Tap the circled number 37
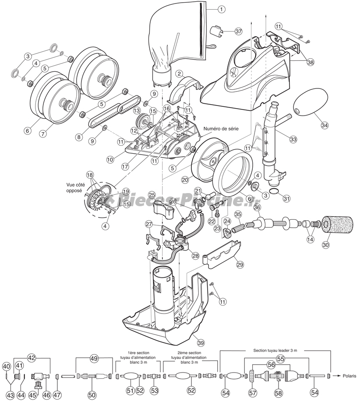238,31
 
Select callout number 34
325,125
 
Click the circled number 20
185,179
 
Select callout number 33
293,139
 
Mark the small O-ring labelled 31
274,191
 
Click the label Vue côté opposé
72,187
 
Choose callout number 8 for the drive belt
79,137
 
